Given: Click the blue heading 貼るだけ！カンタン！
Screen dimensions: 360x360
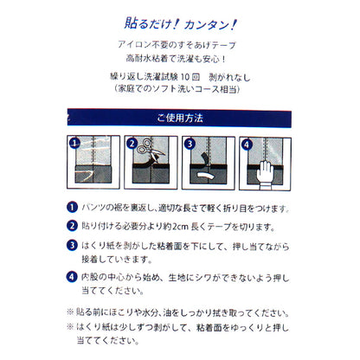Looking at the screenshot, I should tap(180, 23).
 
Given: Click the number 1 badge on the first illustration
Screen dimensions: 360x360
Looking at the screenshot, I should tap(75, 145).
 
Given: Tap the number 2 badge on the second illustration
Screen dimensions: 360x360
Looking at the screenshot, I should tap(133, 145).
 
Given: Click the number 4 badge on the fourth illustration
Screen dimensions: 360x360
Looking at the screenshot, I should tap(247, 145).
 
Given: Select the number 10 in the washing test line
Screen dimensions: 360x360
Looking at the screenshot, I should tap(207, 74).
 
